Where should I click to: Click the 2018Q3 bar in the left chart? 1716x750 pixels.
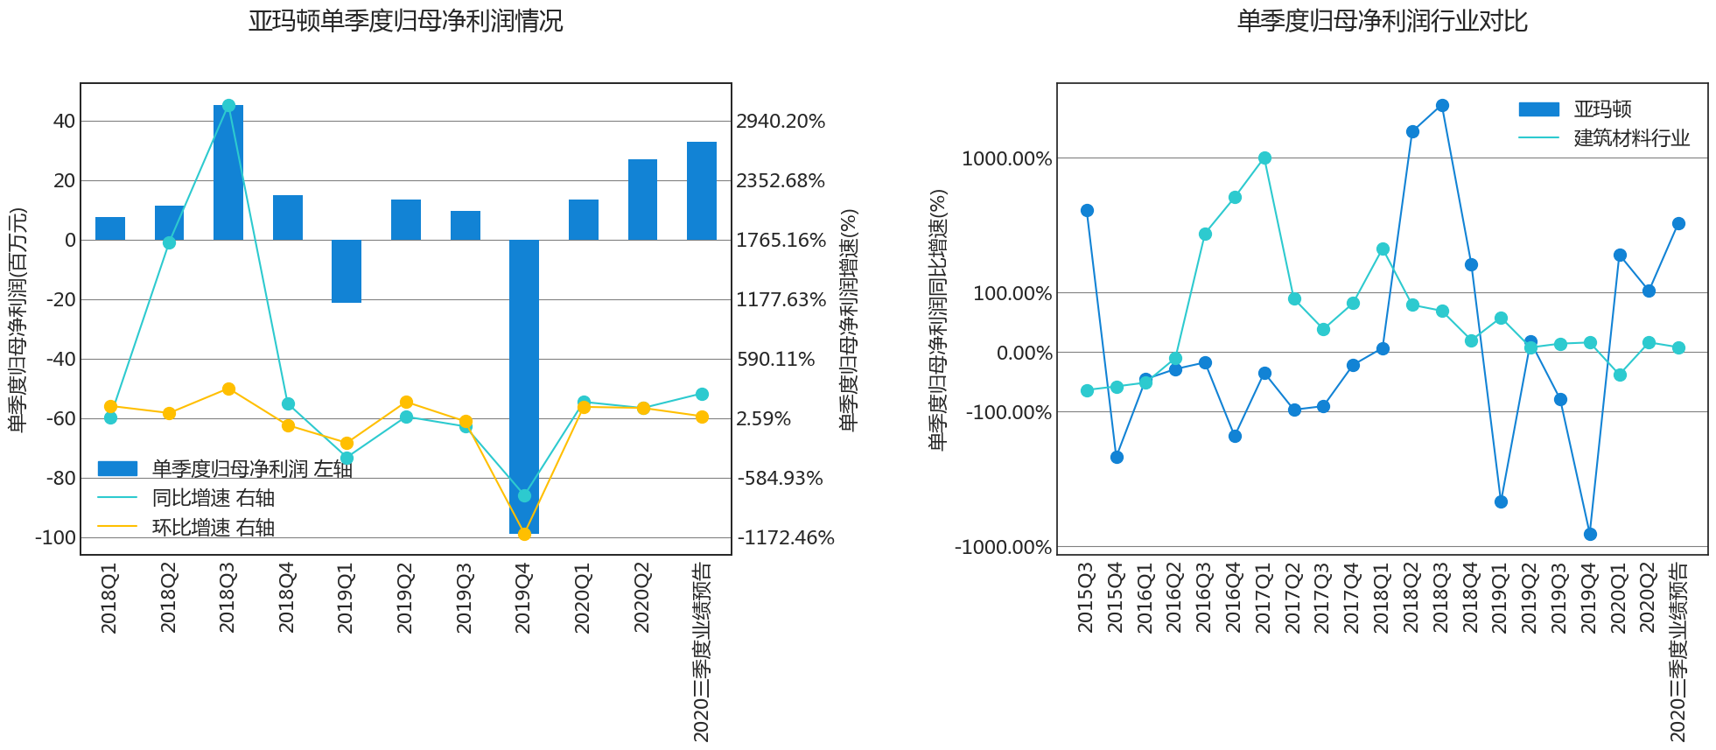point(228,172)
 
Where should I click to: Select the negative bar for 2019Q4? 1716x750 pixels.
point(524,385)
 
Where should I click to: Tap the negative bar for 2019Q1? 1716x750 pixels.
point(347,271)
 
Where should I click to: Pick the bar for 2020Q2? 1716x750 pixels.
point(642,200)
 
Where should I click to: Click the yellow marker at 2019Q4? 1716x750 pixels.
point(524,534)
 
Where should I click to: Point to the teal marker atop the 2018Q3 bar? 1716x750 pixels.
point(228,106)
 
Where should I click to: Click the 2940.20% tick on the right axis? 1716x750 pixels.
point(781,122)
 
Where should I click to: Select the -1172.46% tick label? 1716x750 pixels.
point(785,538)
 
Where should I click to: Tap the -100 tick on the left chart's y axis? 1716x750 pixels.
point(55,537)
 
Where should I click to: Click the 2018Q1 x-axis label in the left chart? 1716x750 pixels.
point(109,599)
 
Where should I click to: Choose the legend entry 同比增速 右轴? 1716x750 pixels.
point(213,498)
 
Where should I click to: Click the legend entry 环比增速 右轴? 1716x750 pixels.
point(213,528)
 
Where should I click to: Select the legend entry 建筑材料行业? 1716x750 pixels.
point(1631,138)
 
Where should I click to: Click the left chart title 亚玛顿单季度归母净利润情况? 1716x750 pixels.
point(405,21)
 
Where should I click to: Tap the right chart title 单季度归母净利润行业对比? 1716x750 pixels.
point(1382,21)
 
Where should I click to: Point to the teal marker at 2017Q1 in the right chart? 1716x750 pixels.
point(1264,158)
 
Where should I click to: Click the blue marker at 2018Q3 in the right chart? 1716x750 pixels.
point(1442,106)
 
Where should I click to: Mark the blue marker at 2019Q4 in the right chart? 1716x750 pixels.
point(1590,534)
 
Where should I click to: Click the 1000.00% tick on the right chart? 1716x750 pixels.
point(1006,158)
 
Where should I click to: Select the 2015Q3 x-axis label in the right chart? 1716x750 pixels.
point(1086,599)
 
